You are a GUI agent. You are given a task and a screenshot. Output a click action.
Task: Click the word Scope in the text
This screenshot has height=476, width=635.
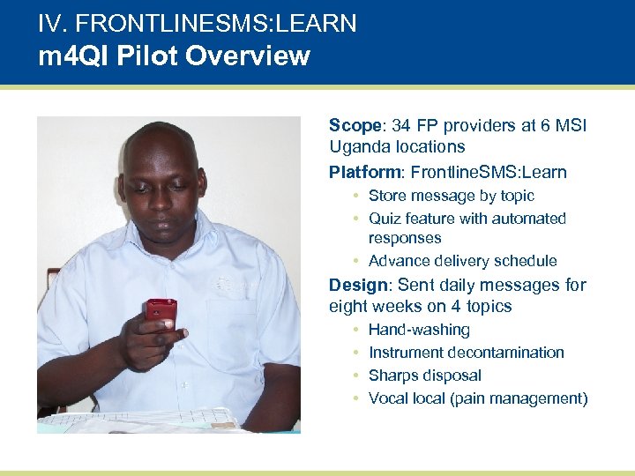[x=349, y=126]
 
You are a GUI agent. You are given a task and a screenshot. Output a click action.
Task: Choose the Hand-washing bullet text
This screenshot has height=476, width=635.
[x=419, y=330]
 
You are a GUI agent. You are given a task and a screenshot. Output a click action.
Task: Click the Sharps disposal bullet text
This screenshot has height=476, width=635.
[x=424, y=376]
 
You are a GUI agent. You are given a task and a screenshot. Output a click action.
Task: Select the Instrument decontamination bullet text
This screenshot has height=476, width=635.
[x=466, y=353]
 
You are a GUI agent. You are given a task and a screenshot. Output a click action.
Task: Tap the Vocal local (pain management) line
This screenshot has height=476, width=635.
[x=477, y=398]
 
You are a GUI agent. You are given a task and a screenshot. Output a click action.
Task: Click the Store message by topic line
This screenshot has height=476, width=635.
[x=451, y=196]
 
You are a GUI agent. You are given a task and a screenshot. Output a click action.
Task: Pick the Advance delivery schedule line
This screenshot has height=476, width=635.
[x=462, y=261]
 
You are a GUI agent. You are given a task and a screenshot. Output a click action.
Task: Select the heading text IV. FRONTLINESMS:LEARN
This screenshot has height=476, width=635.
[x=197, y=23]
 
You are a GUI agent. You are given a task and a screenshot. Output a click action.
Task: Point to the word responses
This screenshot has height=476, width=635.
[x=404, y=238]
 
